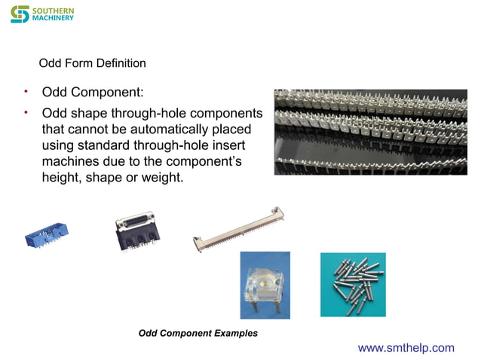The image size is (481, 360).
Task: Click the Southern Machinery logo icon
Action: [20, 14]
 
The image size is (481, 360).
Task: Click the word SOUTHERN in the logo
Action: [54, 10]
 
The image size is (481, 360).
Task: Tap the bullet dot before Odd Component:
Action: [25, 92]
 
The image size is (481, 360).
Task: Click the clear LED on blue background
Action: [265, 284]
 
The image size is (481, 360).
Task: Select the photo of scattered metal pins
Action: [353, 284]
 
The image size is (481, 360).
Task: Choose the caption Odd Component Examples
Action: [198, 333]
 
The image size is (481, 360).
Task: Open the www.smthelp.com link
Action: [406, 347]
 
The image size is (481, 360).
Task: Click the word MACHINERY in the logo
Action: [54, 18]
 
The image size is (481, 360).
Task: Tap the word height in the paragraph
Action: [60, 178]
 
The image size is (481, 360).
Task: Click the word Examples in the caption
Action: [237, 333]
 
